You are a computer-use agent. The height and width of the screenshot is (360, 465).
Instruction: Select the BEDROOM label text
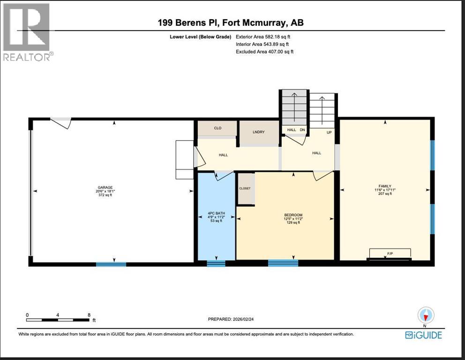(293, 215)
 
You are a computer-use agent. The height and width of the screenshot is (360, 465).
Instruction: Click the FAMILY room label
(385, 186)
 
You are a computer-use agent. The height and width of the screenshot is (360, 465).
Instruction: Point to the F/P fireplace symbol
(390, 254)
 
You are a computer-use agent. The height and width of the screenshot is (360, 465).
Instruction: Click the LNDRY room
(258, 132)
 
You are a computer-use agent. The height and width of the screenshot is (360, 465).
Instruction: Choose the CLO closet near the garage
(217, 128)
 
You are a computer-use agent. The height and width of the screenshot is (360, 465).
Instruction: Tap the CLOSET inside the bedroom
(245, 188)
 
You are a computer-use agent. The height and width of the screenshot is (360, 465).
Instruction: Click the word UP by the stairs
(329, 133)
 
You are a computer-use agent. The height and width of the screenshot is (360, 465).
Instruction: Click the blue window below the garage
(111, 264)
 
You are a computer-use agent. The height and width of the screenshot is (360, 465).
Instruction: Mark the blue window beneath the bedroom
(283, 263)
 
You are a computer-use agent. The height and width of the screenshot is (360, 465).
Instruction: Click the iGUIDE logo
(423, 335)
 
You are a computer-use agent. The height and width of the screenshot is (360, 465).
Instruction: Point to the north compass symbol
(426, 315)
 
